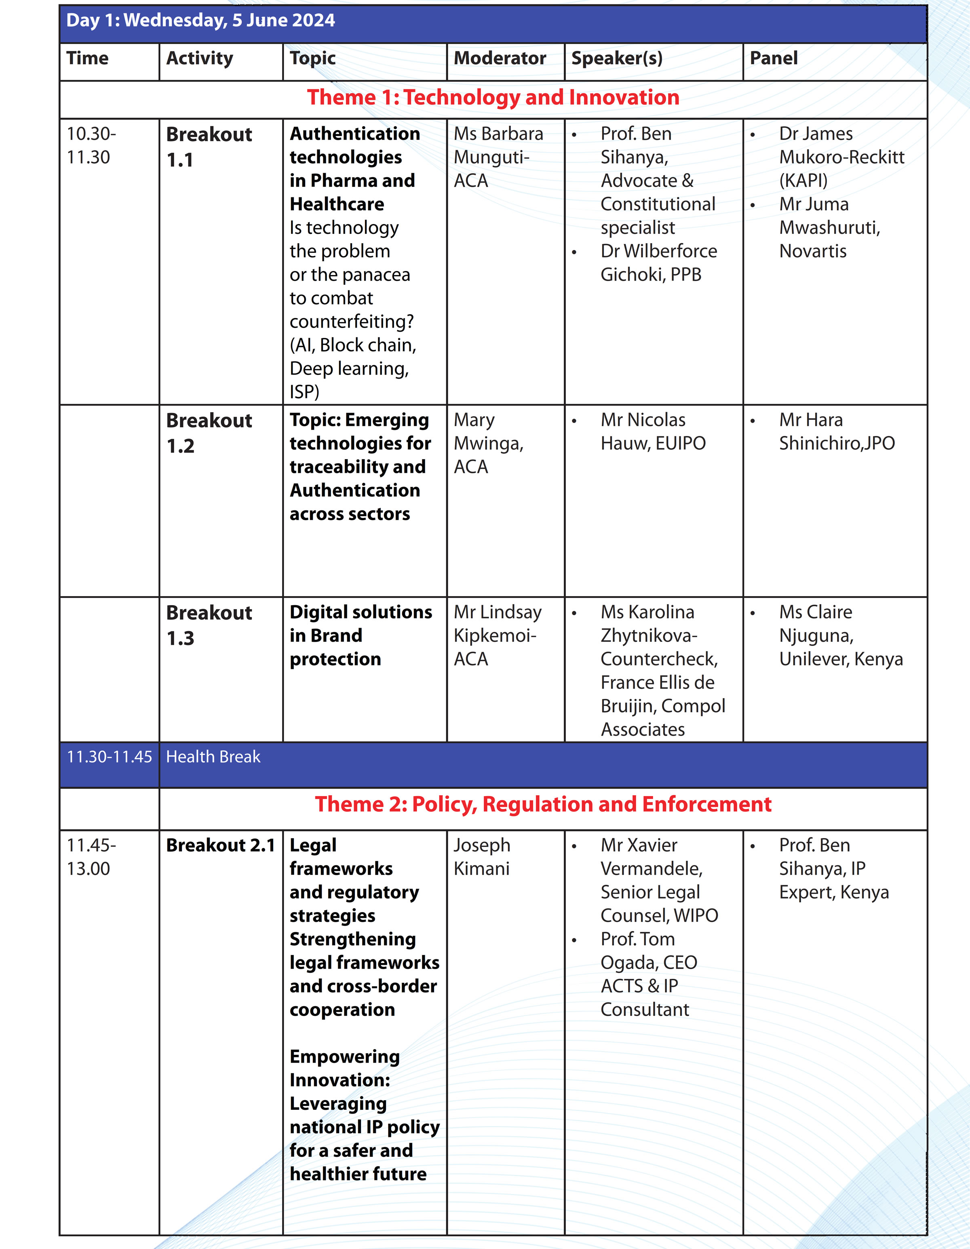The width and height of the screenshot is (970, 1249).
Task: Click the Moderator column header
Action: [500, 58]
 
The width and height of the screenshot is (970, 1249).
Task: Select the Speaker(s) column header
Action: [617, 58]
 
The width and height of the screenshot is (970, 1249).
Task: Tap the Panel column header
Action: [773, 58]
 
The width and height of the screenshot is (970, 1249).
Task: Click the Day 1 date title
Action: [200, 21]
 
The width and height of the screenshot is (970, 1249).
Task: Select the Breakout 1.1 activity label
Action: [209, 147]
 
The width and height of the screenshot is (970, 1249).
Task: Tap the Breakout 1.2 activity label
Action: [209, 433]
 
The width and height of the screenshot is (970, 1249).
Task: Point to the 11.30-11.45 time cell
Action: [109, 757]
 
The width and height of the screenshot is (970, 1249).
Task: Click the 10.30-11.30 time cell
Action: [91, 145]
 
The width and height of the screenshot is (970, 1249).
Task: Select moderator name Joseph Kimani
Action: [482, 857]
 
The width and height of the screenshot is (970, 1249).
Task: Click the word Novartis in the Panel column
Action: [812, 251]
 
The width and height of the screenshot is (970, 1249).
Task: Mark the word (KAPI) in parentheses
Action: [803, 181]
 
